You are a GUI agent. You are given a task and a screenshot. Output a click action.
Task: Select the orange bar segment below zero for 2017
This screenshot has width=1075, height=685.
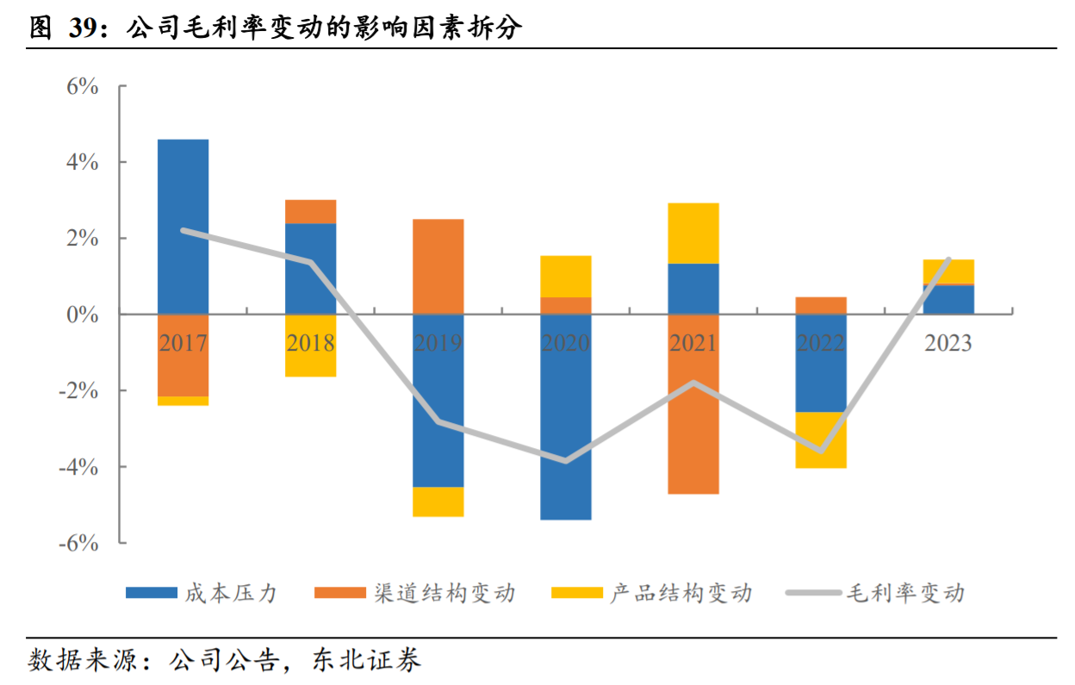(x=183, y=355)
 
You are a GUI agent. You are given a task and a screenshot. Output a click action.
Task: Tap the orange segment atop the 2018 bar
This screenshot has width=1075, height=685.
(x=311, y=211)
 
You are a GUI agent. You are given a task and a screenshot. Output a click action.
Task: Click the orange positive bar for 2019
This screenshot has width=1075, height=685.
(x=438, y=266)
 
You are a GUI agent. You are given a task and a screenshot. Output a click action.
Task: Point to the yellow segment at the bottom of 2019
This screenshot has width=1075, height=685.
(x=438, y=501)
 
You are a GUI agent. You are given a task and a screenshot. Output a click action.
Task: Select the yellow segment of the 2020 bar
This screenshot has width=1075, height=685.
(x=566, y=276)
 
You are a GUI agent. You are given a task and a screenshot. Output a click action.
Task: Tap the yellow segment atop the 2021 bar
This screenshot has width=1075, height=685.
(x=693, y=233)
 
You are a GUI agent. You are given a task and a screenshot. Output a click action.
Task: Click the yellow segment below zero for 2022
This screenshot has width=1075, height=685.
(x=821, y=439)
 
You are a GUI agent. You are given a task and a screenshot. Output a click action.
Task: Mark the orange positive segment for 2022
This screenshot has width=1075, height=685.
(x=821, y=305)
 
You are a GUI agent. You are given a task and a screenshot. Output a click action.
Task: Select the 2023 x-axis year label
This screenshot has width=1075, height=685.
(x=948, y=344)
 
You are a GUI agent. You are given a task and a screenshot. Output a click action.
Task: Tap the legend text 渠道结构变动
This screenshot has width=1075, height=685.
(x=444, y=593)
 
